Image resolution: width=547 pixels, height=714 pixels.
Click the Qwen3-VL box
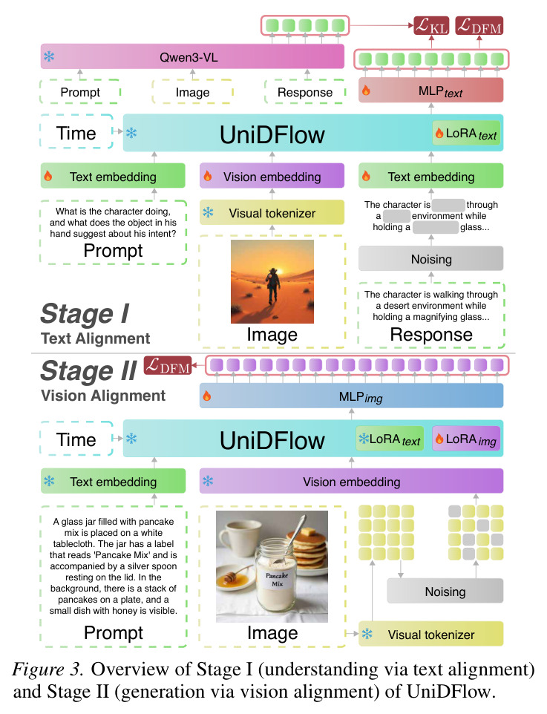tap(192, 57)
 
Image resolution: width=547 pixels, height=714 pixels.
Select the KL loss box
tap(431, 26)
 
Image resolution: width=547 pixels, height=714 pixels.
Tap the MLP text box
tap(431, 91)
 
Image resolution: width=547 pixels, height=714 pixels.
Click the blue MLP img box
tap(351, 396)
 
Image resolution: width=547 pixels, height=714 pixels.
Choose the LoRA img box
tap(466, 439)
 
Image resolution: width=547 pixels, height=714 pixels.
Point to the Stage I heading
tap(85, 314)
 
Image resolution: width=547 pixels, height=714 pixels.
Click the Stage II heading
tap(88, 370)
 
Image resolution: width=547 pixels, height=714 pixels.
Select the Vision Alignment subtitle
tap(103, 396)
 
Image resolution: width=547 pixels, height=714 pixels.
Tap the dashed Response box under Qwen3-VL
tap(305, 92)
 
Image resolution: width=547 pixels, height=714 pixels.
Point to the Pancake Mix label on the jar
tap(277, 579)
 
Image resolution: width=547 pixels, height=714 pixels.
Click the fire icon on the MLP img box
tap(207, 396)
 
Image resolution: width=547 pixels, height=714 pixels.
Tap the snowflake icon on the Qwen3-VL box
tap(49, 56)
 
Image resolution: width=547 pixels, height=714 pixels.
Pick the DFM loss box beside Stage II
tap(168, 365)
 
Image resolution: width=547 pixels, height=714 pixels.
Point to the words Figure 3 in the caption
tap(48, 669)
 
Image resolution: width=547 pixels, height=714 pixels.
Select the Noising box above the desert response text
tap(431, 258)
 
